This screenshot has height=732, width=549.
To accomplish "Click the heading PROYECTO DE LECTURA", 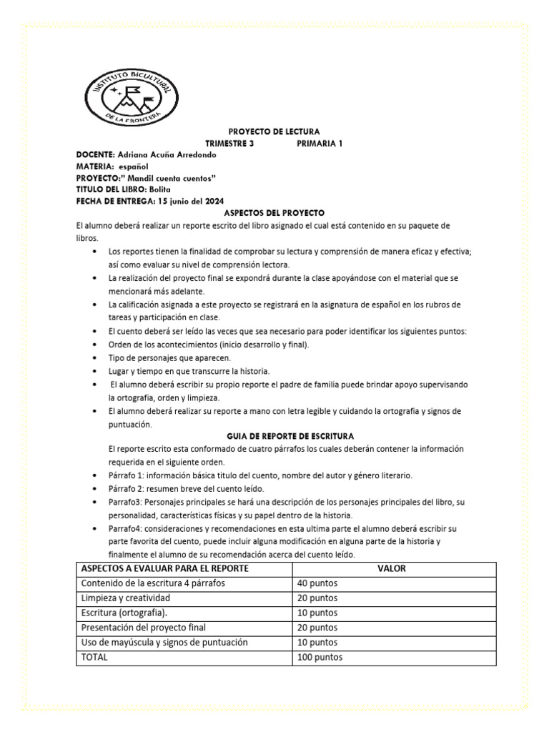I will pyautogui.click(x=274, y=132).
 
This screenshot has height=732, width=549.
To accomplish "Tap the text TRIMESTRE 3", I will pyautogui.click(x=229, y=143).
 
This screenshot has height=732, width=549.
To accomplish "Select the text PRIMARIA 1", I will pyautogui.click(x=320, y=143).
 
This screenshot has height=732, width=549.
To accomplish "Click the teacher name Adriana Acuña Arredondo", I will pyautogui.click(x=166, y=154).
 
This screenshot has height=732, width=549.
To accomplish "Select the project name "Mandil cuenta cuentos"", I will pyautogui.click(x=170, y=178).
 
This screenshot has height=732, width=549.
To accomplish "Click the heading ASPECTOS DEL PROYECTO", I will pyautogui.click(x=274, y=213).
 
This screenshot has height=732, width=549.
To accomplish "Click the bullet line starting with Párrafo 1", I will pyautogui.click(x=259, y=475).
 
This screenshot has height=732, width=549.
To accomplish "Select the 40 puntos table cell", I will pyautogui.click(x=317, y=583).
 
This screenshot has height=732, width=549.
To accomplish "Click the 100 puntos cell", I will pyautogui.click(x=320, y=657).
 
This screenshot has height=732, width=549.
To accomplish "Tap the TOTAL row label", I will pyautogui.click(x=94, y=657).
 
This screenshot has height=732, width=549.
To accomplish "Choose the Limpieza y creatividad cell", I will pyautogui.click(x=125, y=598).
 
